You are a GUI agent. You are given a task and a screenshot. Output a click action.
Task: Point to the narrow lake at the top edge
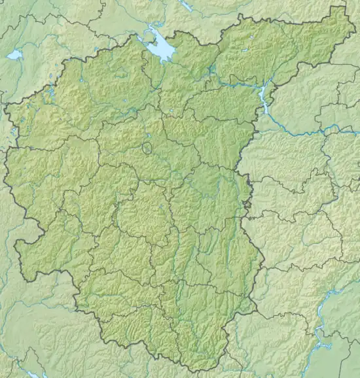[x=187, y=5]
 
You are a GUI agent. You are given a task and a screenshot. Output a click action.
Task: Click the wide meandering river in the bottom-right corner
[x=321, y=340]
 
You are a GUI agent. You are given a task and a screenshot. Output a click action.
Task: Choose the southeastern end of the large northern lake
[x=171, y=58]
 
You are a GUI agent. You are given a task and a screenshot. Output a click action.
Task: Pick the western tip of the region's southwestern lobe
[x=16, y=244]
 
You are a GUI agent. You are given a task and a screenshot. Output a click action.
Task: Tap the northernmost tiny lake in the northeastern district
[x=247, y=49]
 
